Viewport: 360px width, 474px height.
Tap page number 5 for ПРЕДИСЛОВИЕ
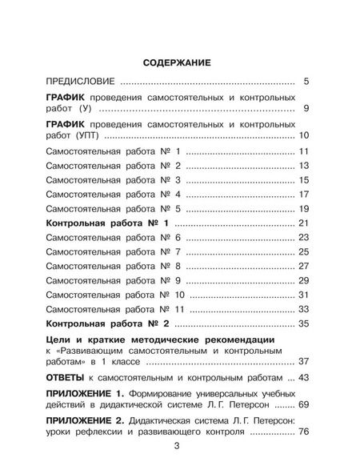point(306,82)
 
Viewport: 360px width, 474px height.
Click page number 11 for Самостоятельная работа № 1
point(303,152)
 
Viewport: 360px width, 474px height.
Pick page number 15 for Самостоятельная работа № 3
point(303,180)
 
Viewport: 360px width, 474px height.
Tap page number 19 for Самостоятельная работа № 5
point(303,209)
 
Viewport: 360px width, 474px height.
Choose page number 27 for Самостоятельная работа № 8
point(303,267)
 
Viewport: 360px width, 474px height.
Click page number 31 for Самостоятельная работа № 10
point(303,295)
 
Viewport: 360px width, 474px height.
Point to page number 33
point(303,310)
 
